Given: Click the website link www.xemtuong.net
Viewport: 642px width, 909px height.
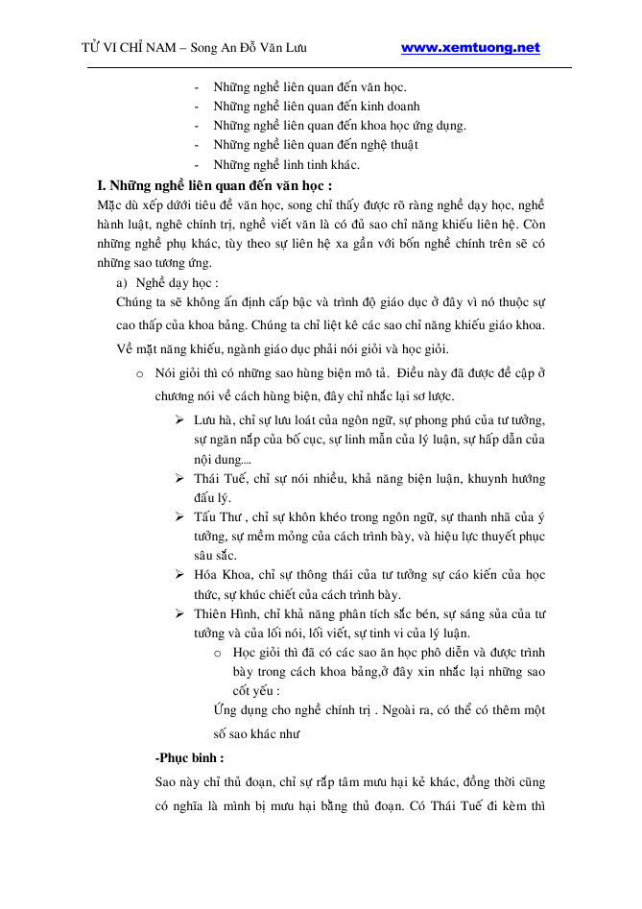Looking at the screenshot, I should pos(470,48).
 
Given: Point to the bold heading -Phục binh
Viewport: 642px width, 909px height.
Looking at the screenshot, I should pos(189,756).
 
